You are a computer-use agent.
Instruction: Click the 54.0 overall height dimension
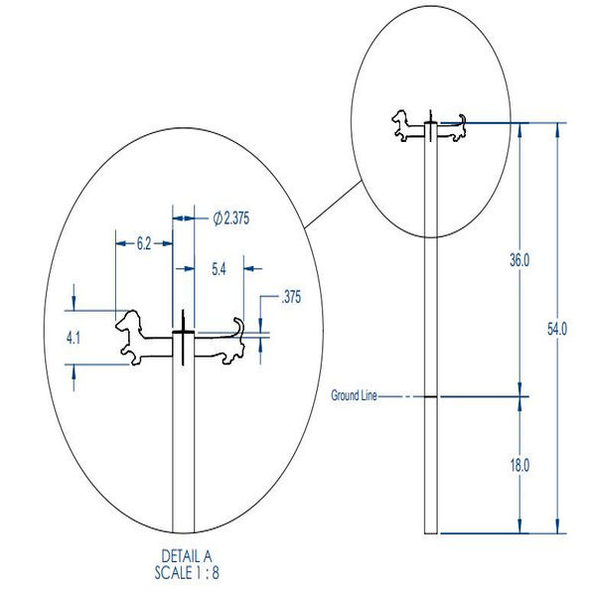pos(556,329)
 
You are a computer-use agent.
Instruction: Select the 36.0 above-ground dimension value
pos(519,260)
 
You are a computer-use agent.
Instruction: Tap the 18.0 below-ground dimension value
pos(519,466)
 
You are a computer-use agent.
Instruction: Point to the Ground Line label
pos(354,395)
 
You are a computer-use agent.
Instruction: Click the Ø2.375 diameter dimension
pos(231,219)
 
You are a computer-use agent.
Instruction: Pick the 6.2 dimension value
pos(144,244)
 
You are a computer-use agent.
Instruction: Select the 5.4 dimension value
pos(219,269)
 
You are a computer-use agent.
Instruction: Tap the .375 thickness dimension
pos(291,297)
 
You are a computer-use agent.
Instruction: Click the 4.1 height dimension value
pos(74,338)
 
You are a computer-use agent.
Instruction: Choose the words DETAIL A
pos(187,556)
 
